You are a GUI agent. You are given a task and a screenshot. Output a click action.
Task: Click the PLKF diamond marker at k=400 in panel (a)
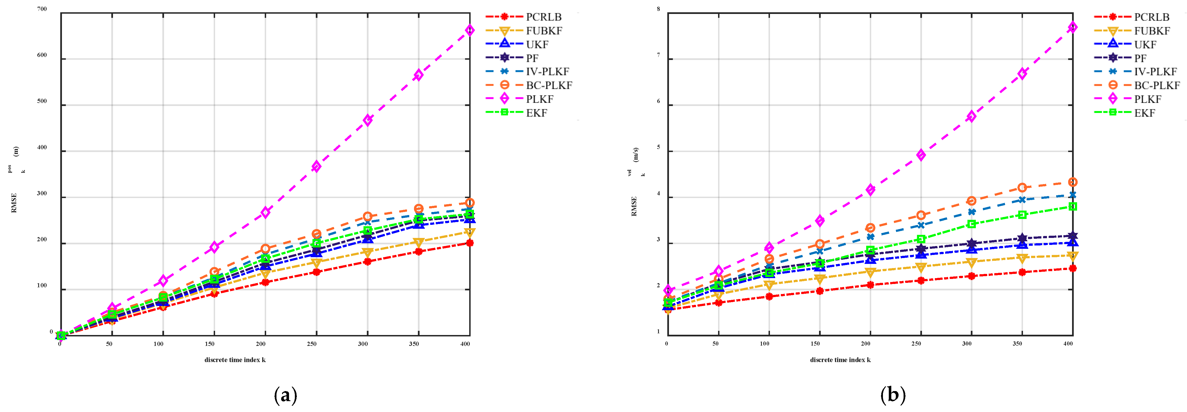pyautogui.click(x=469, y=30)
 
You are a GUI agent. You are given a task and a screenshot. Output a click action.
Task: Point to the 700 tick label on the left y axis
pyautogui.click(x=42, y=9)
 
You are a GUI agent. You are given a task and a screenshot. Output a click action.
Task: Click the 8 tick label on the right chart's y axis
pyautogui.click(x=658, y=9)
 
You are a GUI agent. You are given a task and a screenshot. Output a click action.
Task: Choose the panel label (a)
pyautogui.click(x=285, y=395)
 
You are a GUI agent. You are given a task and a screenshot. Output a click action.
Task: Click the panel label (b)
pyautogui.click(x=893, y=395)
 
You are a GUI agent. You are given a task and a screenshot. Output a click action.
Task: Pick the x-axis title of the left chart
pyautogui.click(x=235, y=360)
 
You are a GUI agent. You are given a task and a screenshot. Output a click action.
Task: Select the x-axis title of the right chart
pyautogui.click(x=840, y=360)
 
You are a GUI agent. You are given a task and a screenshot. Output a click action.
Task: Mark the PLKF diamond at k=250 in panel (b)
pyautogui.click(x=921, y=155)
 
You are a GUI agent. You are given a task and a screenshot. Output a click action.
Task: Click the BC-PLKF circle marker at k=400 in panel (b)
pyautogui.click(x=1073, y=182)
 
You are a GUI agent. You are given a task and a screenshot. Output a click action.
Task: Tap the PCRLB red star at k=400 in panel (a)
pyautogui.click(x=469, y=243)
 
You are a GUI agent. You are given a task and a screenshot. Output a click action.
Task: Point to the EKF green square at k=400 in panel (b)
pyautogui.click(x=1073, y=206)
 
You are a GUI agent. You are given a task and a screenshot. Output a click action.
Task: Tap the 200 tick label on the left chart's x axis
pyautogui.click(x=261, y=344)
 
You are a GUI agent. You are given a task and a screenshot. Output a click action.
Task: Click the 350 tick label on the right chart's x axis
pyautogui.click(x=1017, y=344)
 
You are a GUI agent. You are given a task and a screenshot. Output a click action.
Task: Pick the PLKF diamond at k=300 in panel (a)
pyautogui.click(x=367, y=120)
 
